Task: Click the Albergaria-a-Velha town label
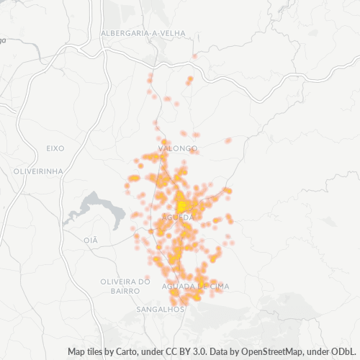coord(143,33)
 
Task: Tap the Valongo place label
coord(181,148)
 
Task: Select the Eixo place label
coord(55,148)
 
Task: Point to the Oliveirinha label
coord(38,171)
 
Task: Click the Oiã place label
coord(90,240)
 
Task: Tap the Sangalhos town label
coord(160,309)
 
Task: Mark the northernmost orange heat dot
coord(194,55)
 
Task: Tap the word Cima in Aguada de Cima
coord(218,286)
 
